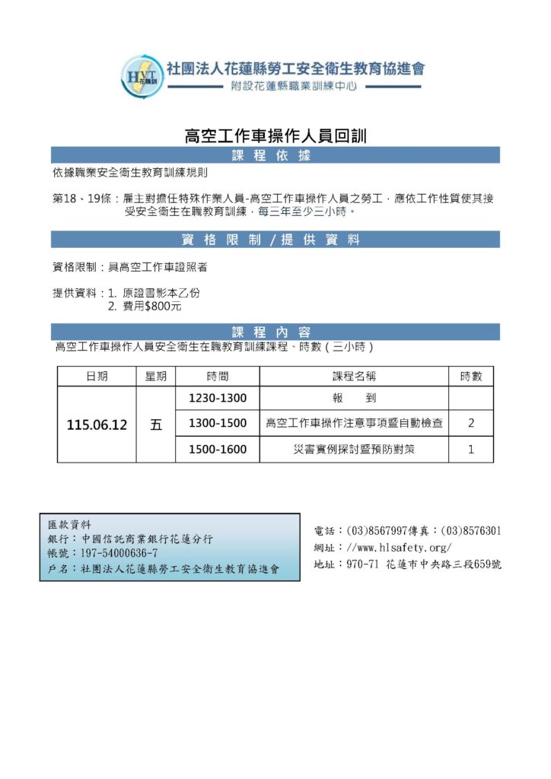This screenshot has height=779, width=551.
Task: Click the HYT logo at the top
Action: coord(142,75)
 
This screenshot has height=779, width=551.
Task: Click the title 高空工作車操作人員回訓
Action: coord(275,136)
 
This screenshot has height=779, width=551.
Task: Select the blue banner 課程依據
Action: coord(275,155)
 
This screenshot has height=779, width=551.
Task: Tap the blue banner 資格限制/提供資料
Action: coord(275,240)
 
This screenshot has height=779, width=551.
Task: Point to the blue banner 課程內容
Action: coord(275,332)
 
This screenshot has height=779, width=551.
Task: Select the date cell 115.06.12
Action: coord(97,425)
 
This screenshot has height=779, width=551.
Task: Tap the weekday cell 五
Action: coord(156,425)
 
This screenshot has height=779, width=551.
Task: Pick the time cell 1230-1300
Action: coord(217,399)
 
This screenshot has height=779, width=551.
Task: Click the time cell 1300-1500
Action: coord(217,424)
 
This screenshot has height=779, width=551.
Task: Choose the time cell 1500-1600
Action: coord(217,450)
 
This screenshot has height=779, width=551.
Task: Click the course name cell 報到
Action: coord(354,399)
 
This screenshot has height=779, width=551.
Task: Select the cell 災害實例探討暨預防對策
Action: coord(354,450)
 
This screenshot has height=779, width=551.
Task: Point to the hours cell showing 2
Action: coord(471,424)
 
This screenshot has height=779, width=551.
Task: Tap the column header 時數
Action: coord(471,377)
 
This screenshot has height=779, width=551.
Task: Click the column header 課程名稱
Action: coord(354,377)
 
